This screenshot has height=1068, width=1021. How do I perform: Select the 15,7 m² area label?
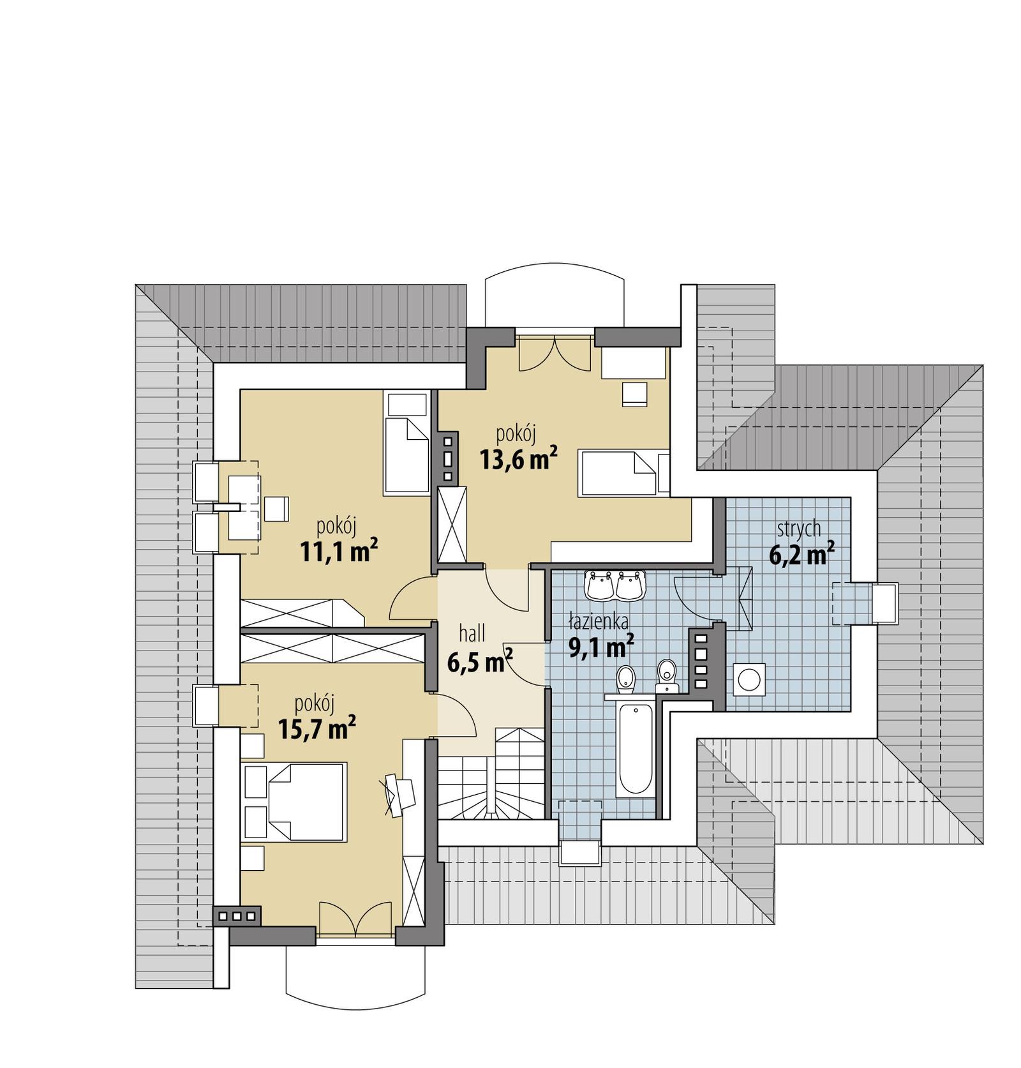tap(317, 727)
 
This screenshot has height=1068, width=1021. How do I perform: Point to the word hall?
tap(472, 633)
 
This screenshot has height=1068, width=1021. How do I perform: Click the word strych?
tap(798, 529)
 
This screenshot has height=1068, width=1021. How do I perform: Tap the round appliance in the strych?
tap(748, 679)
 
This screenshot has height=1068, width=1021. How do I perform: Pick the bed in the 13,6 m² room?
tap(618, 472)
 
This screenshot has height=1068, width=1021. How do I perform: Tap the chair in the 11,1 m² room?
tap(276, 509)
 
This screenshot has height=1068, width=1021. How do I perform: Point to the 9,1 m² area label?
tap(600, 648)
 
